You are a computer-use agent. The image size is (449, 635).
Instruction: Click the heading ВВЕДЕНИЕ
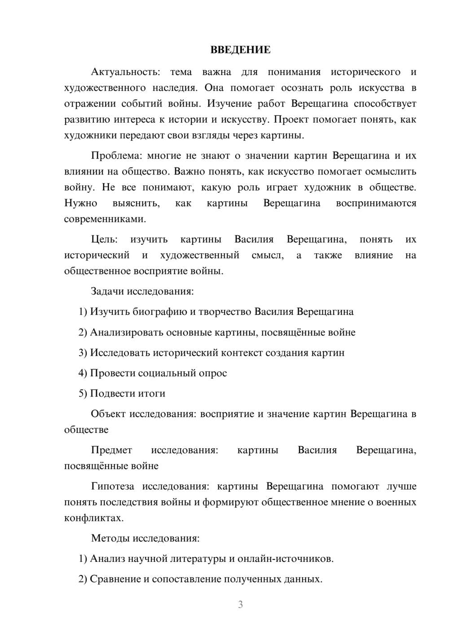tap(240, 50)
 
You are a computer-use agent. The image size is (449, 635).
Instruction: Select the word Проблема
tap(116, 156)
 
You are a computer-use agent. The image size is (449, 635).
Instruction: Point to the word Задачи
tap(107, 291)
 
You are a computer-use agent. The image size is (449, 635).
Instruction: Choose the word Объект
tap(108, 414)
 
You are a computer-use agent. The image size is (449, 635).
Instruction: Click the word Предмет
tap(111, 450)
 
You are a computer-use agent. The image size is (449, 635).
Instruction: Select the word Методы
tap(108, 538)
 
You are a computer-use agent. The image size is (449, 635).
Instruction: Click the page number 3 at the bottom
tap(240, 604)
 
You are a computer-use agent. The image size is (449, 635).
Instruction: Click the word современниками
tap(105, 220)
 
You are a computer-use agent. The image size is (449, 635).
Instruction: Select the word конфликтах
tap(93, 518)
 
